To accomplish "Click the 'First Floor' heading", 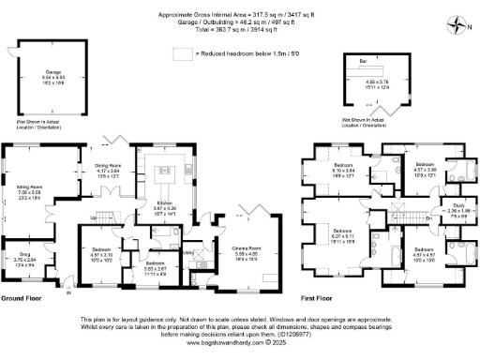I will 317,299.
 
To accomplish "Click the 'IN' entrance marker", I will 67,292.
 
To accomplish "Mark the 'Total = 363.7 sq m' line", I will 239,32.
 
